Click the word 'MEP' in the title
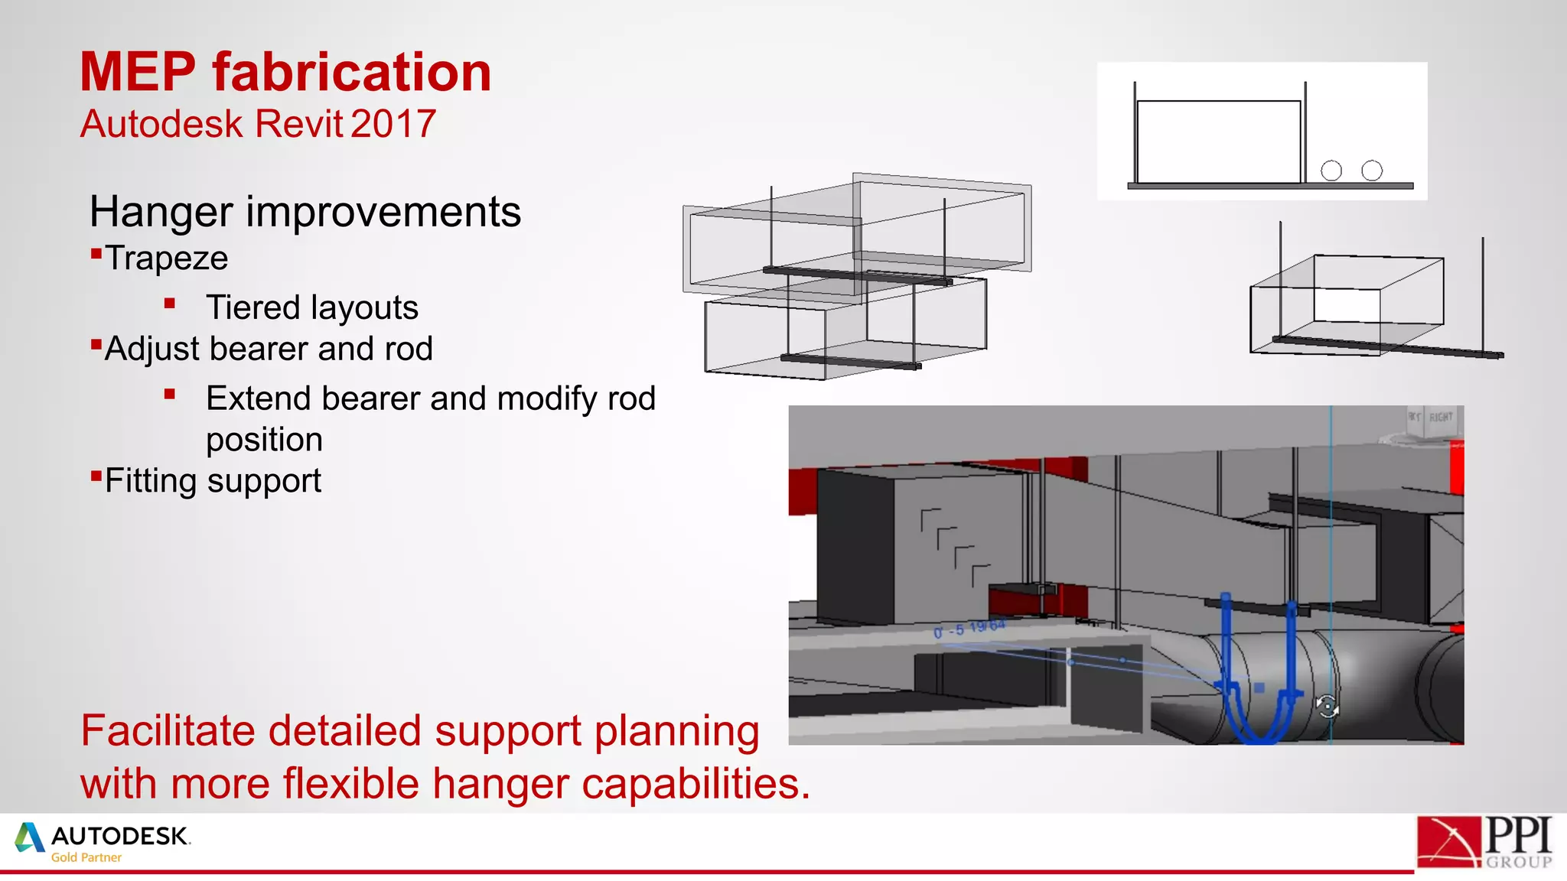click(x=138, y=73)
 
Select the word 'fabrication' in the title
click(x=351, y=73)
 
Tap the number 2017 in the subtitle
click(x=394, y=124)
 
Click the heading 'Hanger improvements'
click(x=305, y=212)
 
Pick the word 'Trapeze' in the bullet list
click(x=166, y=258)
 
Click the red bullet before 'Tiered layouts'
click(x=170, y=304)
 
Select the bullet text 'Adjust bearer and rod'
click(x=269, y=349)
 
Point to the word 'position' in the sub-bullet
click(x=264, y=440)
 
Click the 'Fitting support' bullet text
click(x=213, y=481)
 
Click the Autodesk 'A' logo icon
click(x=30, y=837)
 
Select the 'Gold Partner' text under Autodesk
click(x=86, y=857)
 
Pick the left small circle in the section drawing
click(x=1331, y=171)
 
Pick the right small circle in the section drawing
click(x=1372, y=171)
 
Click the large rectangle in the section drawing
click(x=1218, y=141)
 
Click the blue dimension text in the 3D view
click(x=969, y=629)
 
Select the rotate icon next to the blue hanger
click(x=1328, y=706)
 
